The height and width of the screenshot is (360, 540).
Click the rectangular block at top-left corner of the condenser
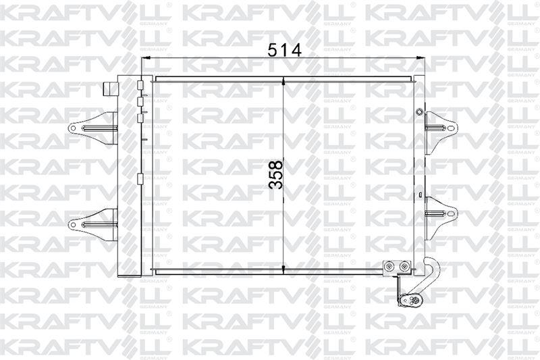tap(109, 90)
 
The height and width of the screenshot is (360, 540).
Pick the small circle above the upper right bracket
tap(419, 111)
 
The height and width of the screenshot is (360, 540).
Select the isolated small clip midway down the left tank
tap(140, 179)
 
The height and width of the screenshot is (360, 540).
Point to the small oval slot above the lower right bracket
tap(421, 198)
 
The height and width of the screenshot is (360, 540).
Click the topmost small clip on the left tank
tap(140, 86)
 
